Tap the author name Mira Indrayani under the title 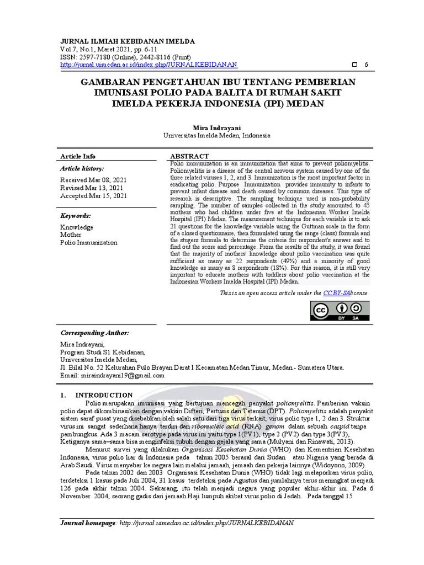tap(217, 127)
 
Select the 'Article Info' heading tap(77, 156)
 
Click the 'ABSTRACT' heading tap(189, 156)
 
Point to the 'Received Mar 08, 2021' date tap(93, 180)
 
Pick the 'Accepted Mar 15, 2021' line tap(93, 195)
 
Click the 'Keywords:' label tap(76, 216)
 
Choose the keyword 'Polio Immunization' tap(89, 242)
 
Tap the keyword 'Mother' tap(71, 234)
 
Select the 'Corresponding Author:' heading tap(94, 333)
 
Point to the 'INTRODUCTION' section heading tap(104, 395)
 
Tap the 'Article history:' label tap(81, 168)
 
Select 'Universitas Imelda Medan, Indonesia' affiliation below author tap(217, 135)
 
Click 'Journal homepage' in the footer tap(88, 523)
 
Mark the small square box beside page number tap(354, 65)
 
